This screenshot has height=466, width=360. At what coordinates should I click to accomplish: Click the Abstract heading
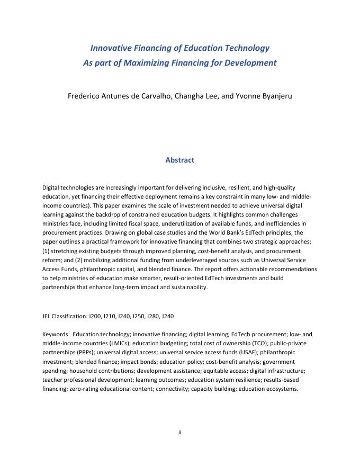pyautogui.click(x=179, y=160)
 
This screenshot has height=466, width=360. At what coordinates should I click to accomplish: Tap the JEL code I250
pyautogui.click(x=140, y=316)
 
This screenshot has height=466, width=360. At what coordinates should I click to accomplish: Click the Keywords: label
pyautogui.click(x=56, y=334)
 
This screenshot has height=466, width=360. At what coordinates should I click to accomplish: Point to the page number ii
pyautogui.click(x=179, y=432)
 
